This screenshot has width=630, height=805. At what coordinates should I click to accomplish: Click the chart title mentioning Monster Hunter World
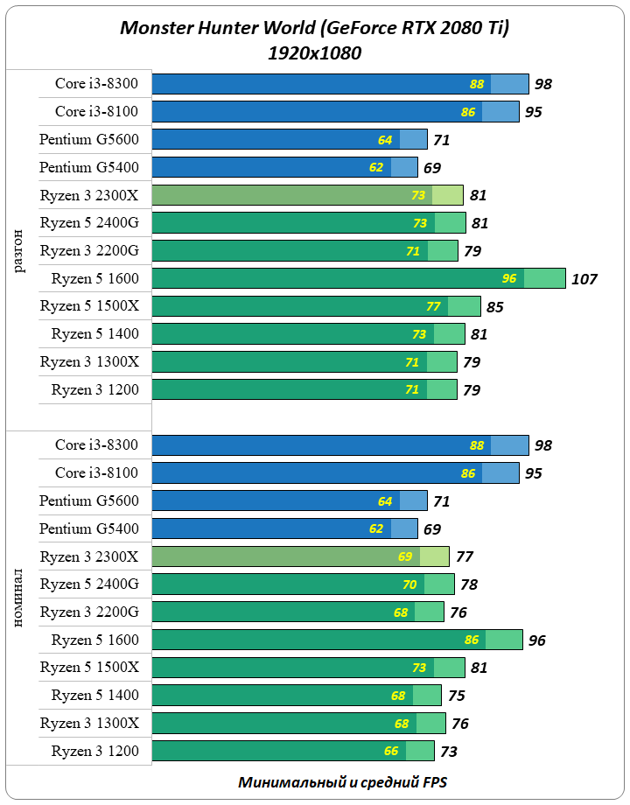(x=314, y=29)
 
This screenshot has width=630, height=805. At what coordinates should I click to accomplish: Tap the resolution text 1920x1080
(x=314, y=53)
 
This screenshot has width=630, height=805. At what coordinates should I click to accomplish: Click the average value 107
(x=584, y=279)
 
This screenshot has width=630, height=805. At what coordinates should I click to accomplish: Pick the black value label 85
(x=494, y=307)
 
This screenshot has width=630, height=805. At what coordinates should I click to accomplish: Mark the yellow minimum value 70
(x=409, y=584)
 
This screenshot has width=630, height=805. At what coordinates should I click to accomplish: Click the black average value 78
(x=468, y=584)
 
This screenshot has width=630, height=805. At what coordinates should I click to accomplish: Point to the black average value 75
(x=456, y=696)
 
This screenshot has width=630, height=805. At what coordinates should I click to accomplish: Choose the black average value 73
(x=448, y=751)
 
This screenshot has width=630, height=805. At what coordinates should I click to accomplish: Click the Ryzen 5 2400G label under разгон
(x=89, y=223)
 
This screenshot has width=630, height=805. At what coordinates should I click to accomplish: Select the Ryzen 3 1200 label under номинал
(x=94, y=751)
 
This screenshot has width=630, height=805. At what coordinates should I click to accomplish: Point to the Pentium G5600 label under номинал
(x=88, y=500)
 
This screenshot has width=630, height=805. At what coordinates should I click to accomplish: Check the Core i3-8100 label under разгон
(x=96, y=111)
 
